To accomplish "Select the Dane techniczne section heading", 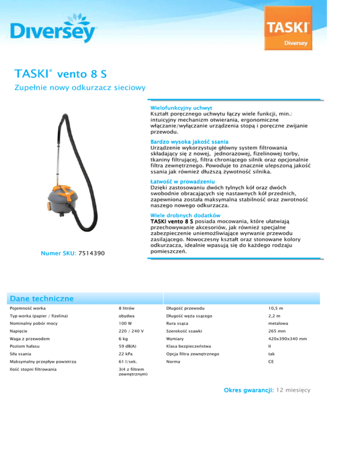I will (42, 298).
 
